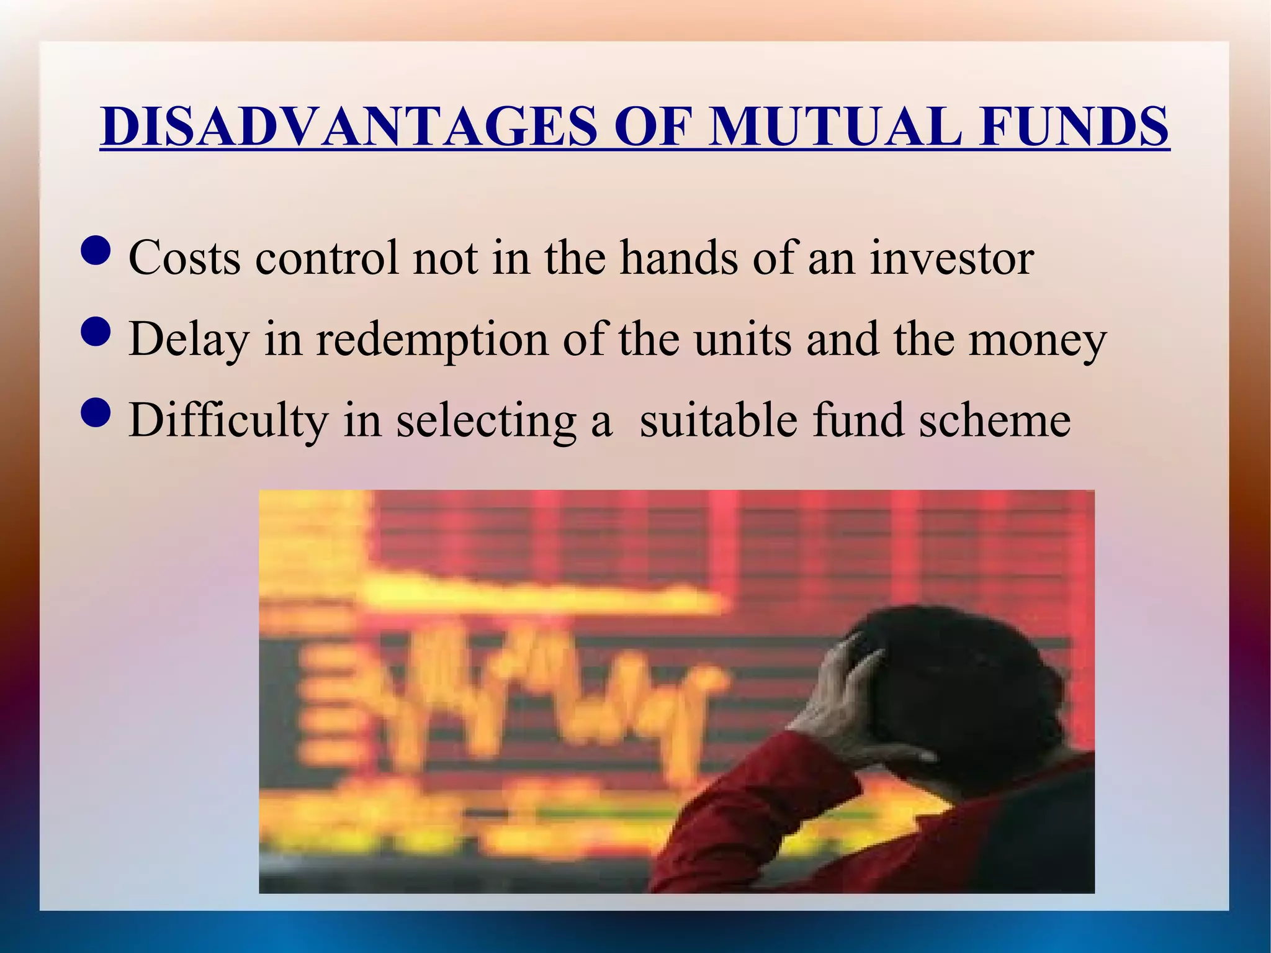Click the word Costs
pyautogui.click(x=184, y=258)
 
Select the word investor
pyautogui.click(x=951, y=258)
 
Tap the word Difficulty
pyautogui.click(x=228, y=421)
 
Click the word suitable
pyautogui.click(x=719, y=421)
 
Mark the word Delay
pyautogui.click(x=189, y=340)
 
